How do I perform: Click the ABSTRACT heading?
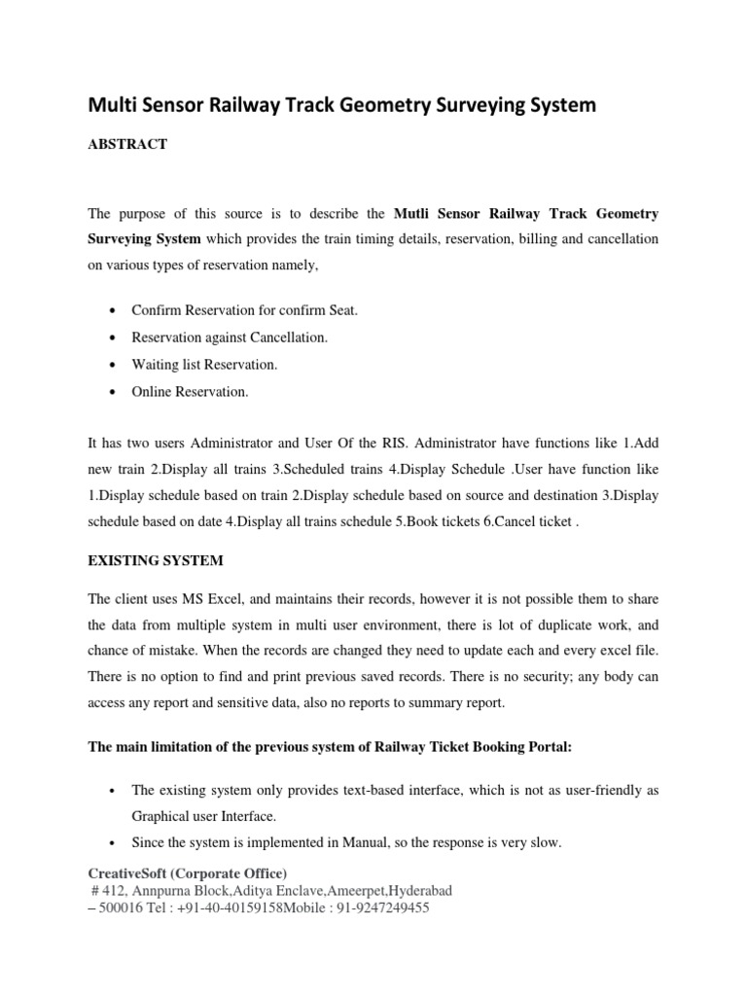(x=127, y=144)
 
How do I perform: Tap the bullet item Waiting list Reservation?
(x=204, y=365)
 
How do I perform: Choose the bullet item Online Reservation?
(x=190, y=392)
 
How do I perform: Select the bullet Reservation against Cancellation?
(x=230, y=337)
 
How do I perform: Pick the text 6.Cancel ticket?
(x=534, y=520)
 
